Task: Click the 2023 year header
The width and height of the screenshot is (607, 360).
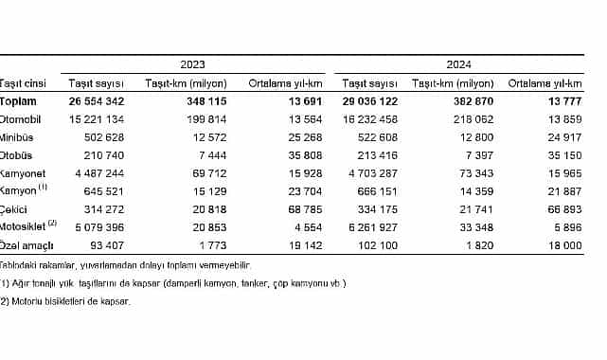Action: click(192, 63)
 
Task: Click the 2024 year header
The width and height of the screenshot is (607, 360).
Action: click(459, 63)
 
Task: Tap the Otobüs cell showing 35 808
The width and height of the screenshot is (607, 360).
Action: click(305, 155)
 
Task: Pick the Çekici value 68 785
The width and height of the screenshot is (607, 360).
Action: click(305, 209)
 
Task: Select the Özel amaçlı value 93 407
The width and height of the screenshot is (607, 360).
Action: click(103, 245)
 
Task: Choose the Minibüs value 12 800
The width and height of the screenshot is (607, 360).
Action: click(476, 137)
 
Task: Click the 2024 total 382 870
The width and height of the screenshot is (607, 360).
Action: click(473, 101)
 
